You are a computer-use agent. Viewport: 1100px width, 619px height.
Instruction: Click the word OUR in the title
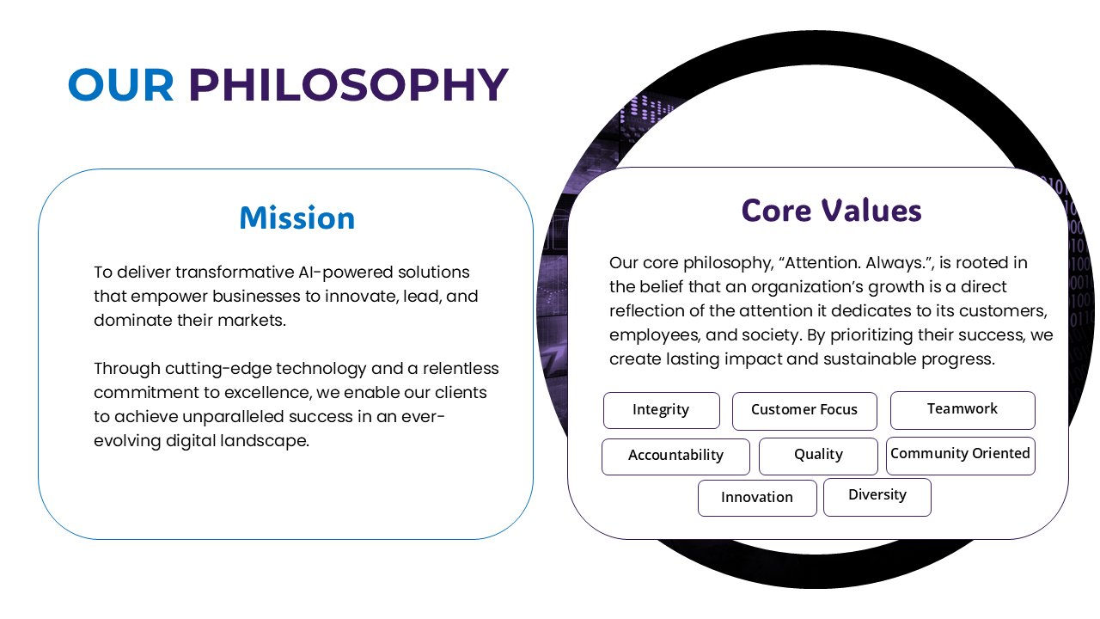[x=121, y=84]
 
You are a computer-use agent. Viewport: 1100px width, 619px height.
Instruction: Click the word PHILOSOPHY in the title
[x=349, y=84]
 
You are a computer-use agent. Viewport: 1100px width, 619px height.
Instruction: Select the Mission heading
[x=297, y=218]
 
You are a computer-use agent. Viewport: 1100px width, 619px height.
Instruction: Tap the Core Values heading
[x=831, y=211]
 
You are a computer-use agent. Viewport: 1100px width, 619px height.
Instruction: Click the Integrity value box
[x=662, y=410]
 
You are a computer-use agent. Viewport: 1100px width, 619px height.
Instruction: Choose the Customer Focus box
[x=804, y=411]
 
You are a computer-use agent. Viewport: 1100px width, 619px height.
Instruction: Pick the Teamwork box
[x=962, y=410]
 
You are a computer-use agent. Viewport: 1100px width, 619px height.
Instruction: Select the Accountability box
[x=675, y=457]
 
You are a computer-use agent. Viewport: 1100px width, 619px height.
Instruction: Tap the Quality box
[x=818, y=456]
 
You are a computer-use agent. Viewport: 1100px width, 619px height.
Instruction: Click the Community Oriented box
[x=961, y=456]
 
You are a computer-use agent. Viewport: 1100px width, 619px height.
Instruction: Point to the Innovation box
[x=757, y=498]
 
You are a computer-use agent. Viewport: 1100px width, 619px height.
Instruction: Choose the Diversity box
[x=877, y=497]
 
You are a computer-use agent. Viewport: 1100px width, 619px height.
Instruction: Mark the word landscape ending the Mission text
[x=264, y=441]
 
